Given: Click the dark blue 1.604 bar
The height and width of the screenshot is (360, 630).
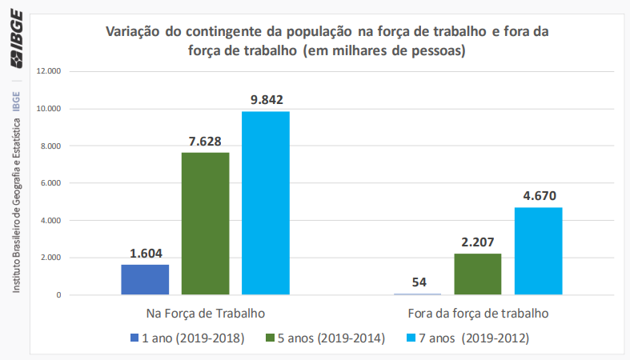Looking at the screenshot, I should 145,279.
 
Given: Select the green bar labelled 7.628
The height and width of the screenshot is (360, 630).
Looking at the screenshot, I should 205,223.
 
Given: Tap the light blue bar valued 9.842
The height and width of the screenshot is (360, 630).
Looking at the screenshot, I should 266,202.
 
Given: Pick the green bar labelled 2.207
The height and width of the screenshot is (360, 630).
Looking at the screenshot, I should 478,274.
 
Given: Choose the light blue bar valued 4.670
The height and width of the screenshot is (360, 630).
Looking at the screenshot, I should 538,250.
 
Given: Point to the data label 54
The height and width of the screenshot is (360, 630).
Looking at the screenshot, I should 418,282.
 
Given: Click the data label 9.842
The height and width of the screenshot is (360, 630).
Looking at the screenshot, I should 266,100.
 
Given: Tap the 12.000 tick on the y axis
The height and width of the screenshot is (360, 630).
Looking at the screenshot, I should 49,71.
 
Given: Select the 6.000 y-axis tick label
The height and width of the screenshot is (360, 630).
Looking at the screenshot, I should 50,183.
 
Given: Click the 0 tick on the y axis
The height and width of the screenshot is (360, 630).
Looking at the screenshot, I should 58,295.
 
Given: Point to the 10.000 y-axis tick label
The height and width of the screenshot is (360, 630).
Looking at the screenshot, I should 49,109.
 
